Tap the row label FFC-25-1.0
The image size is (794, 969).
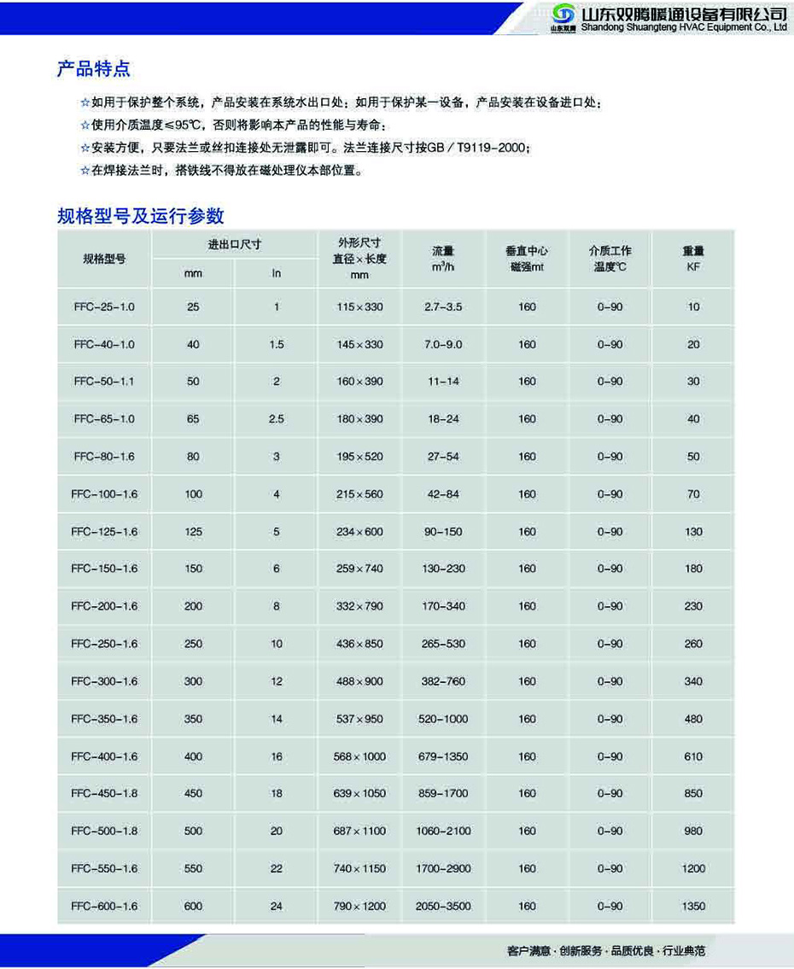[x=104, y=306]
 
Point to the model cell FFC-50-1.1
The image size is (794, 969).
[x=104, y=382]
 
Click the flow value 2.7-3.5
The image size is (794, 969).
[x=442, y=306]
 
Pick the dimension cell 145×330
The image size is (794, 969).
[x=359, y=344]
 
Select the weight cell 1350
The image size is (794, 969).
[x=693, y=906]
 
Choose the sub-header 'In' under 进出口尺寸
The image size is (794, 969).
[x=276, y=273]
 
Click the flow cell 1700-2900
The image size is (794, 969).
[x=442, y=868]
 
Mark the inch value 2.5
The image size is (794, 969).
[x=276, y=419]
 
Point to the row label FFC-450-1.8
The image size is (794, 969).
[x=104, y=793]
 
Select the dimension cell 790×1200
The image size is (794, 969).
[x=359, y=906]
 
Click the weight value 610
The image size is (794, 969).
[x=693, y=756]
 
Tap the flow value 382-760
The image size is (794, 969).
[x=442, y=681]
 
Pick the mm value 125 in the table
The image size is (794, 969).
[x=193, y=531]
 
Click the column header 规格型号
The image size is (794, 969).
[x=104, y=259]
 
